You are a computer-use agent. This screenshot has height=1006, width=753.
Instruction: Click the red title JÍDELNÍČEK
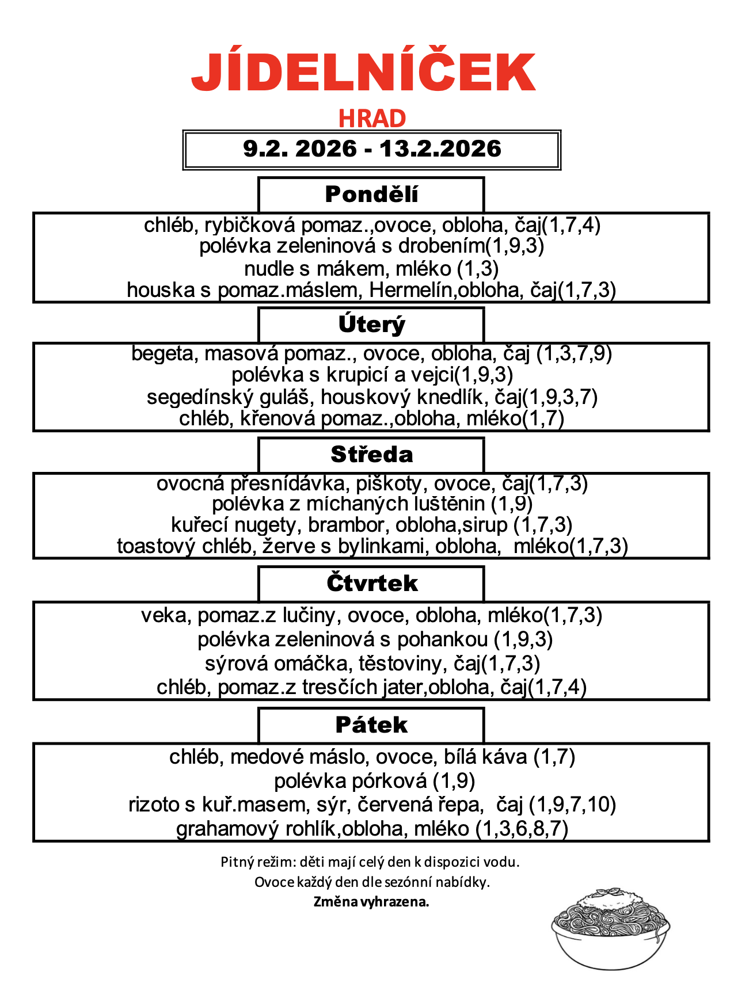tap(363, 72)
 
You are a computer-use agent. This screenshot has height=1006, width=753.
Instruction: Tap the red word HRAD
tap(372, 119)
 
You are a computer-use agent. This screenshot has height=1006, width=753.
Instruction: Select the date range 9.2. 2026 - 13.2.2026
tap(372, 149)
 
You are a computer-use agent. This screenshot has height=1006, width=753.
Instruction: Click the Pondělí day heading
tap(371, 195)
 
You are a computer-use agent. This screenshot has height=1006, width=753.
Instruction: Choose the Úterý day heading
tap(371, 325)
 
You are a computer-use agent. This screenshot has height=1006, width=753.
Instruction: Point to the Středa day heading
tap(371, 455)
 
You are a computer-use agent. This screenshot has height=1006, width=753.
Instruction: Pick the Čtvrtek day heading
tap(371, 584)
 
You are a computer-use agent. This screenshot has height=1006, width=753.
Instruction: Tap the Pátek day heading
tap(371, 725)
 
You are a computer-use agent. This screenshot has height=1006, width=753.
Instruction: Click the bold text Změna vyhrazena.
tap(371, 902)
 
